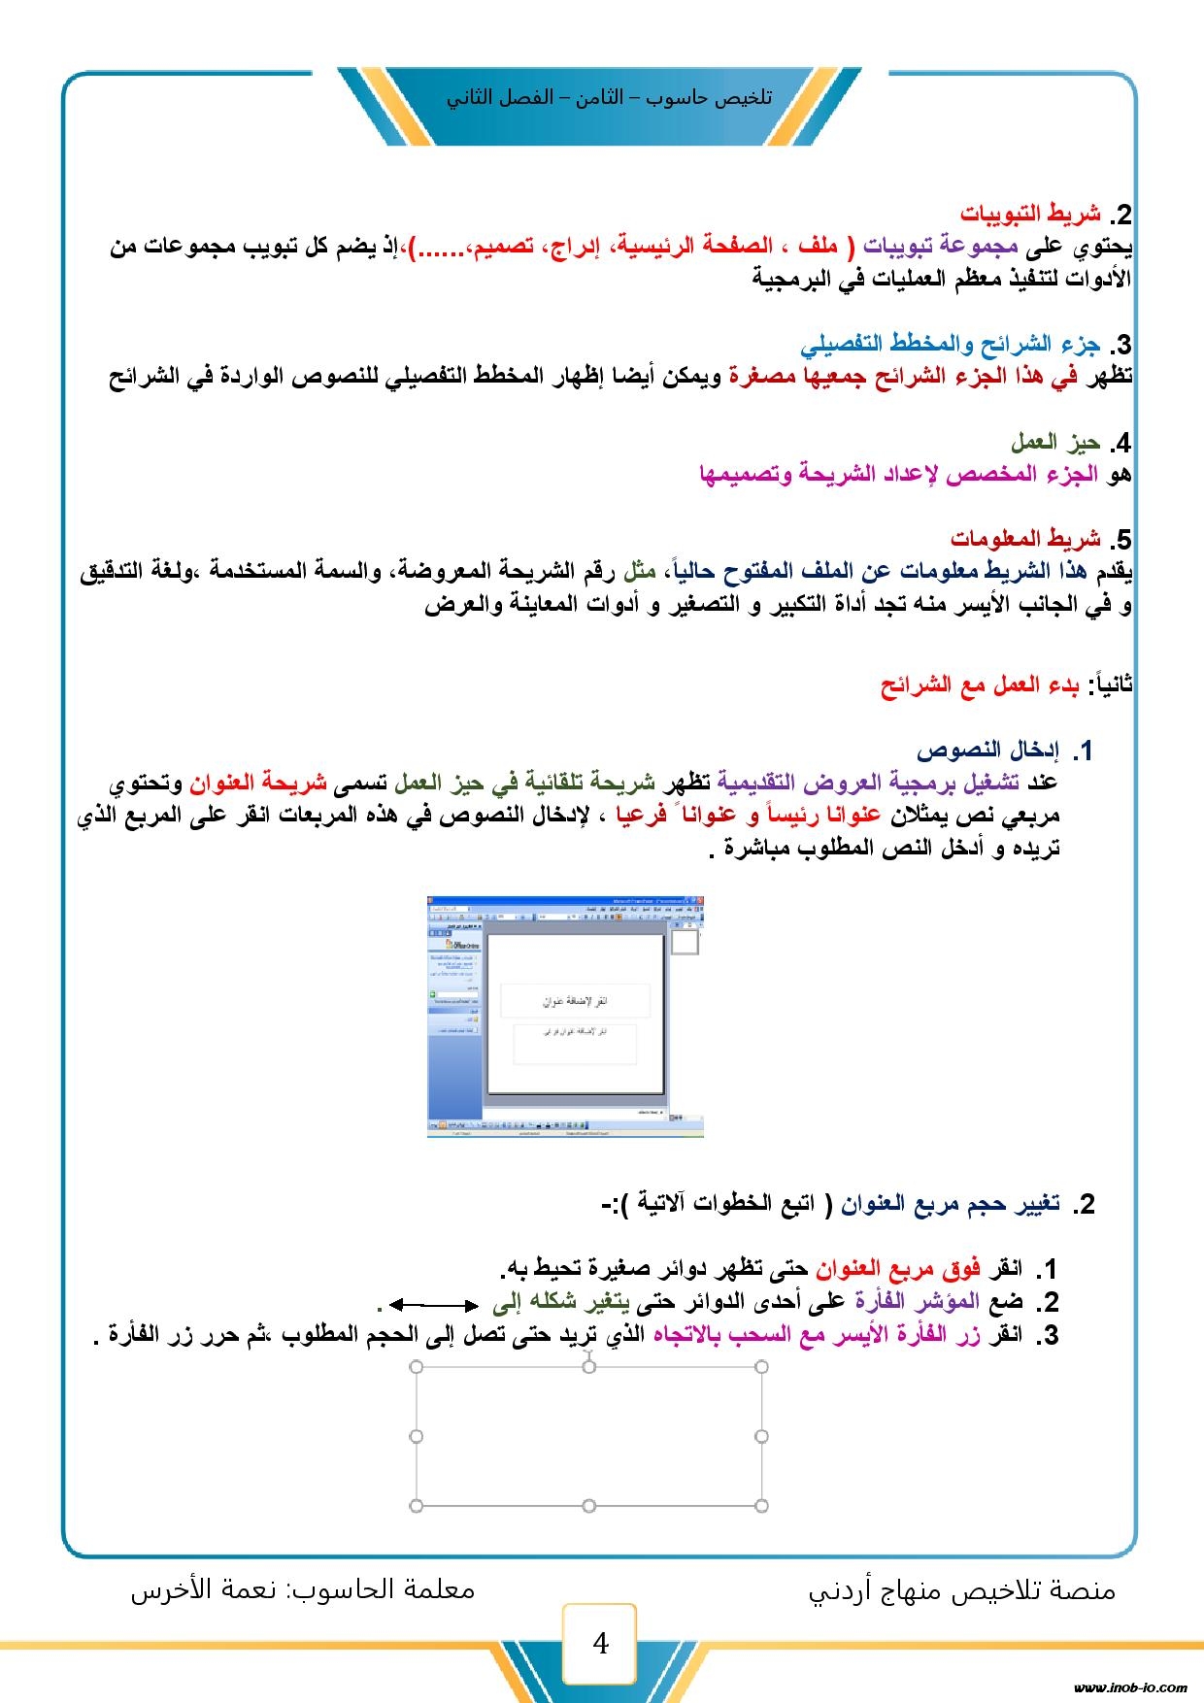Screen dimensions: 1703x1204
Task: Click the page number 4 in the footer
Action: point(600,1643)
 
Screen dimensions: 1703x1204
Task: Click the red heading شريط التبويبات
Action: point(1030,214)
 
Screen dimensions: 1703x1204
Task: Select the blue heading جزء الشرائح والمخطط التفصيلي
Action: point(951,344)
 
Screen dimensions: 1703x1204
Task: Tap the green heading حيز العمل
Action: point(1055,443)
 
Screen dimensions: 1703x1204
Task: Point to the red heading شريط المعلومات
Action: point(1025,538)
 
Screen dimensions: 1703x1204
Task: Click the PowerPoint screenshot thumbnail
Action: point(564,1016)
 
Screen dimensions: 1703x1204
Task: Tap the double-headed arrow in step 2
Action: point(434,1305)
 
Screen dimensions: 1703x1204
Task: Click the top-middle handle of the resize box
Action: point(588,1367)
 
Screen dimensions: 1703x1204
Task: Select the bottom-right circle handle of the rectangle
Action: point(761,1505)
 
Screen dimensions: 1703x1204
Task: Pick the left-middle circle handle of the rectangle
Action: point(417,1436)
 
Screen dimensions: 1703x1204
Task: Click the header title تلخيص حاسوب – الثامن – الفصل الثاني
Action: point(609,98)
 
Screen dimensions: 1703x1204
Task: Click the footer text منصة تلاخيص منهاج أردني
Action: point(962,1590)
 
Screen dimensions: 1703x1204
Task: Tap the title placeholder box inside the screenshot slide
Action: point(574,1001)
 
